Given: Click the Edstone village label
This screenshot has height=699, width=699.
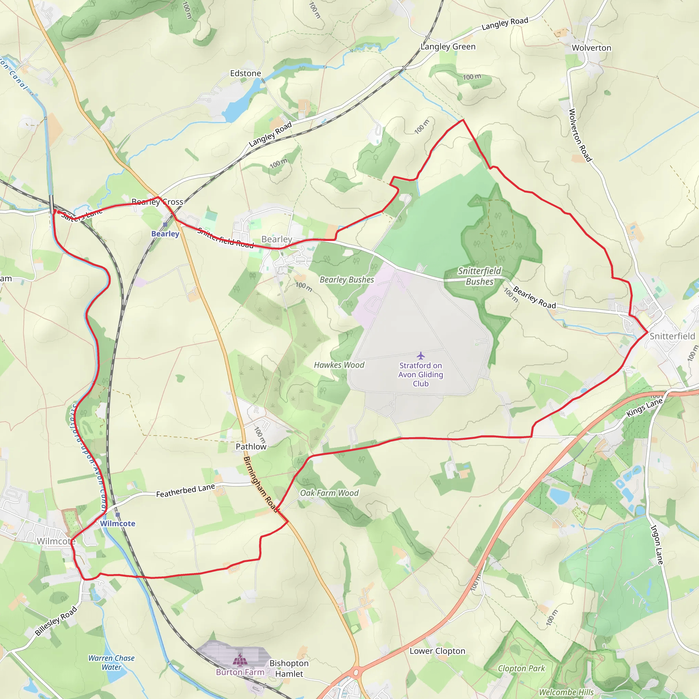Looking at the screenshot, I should pyautogui.click(x=245, y=73).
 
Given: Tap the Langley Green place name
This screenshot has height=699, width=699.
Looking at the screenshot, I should pyautogui.click(x=448, y=47).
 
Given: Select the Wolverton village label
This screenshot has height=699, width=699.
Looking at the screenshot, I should pyautogui.click(x=591, y=48).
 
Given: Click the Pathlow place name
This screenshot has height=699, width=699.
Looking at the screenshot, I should pyautogui.click(x=251, y=446).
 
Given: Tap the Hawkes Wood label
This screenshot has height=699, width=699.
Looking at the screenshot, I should pyautogui.click(x=339, y=365).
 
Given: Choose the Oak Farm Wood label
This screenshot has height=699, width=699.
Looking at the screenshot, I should pyautogui.click(x=329, y=493).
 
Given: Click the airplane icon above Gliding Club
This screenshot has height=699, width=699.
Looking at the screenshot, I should pyautogui.click(x=420, y=356).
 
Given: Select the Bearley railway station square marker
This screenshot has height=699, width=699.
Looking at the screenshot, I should pyautogui.click(x=165, y=225).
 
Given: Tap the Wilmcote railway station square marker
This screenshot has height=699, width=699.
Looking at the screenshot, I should pyautogui.click(x=118, y=514).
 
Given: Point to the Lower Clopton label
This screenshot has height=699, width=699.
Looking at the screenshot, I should pyautogui.click(x=438, y=651).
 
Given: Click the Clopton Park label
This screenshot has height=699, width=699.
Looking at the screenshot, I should pyautogui.click(x=522, y=668).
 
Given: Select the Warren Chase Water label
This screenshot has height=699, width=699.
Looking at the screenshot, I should pyautogui.click(x=111, y=662).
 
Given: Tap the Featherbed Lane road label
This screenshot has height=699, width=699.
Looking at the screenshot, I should pyautogui.click(x=185, y=491).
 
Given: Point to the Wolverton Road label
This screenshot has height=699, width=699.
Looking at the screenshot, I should pyautogui.click(x=580, y=135).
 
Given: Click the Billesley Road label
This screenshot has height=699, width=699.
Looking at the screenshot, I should pyautogui.click(x=56, y=621).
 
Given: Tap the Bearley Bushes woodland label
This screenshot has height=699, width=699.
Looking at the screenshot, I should pyautogui.click(x=347, y=280).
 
